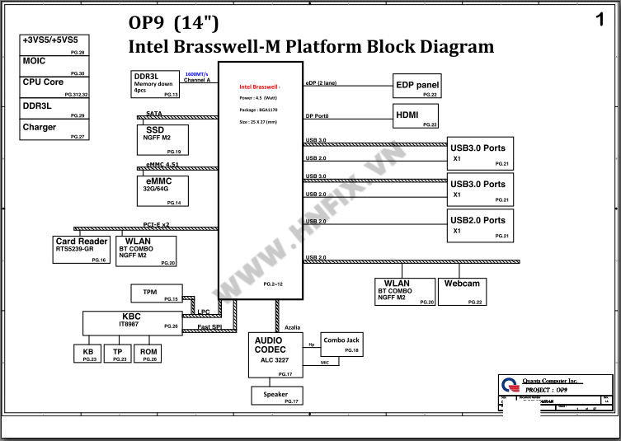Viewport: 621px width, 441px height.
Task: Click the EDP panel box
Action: coord(417,86)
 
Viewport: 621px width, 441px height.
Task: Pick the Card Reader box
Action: coord(82,250)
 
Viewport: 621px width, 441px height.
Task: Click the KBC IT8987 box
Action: coord(132,322)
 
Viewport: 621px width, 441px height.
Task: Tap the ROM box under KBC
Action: coord(148,354)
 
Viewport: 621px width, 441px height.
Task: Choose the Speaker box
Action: coord(276,396)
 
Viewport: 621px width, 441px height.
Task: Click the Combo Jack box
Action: coord(341,345)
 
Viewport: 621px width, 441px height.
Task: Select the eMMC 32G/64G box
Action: coord(163,190)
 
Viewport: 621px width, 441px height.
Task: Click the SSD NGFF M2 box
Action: coord(162,140)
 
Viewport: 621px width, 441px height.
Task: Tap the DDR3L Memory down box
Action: coord(156,84)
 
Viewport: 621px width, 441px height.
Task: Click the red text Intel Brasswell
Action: coord(259,87)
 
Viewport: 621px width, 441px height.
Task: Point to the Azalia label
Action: coord(292,327)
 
